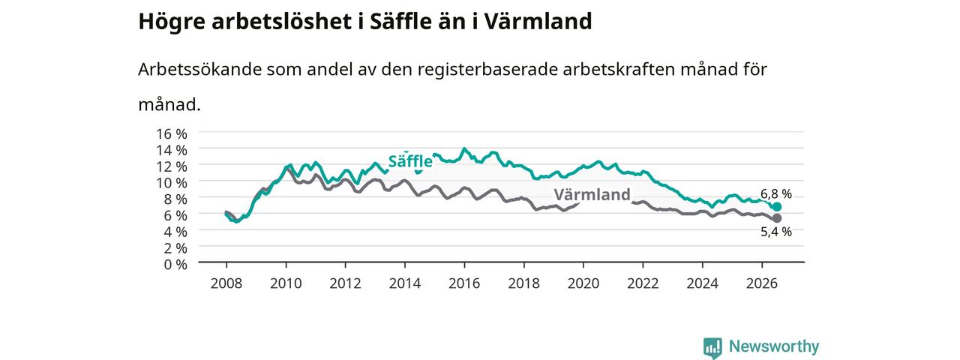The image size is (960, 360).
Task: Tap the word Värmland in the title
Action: (x=538, y=21)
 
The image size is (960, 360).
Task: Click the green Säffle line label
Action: (x=410, y=161)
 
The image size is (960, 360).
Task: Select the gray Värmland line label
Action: (x=592, y=194)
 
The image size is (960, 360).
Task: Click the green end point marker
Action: (x=776, y=207)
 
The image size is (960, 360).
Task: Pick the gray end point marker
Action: (x=776, y=218)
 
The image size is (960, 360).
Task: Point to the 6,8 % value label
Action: (x=776, y=193)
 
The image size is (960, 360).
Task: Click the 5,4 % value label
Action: (x=776, y=232)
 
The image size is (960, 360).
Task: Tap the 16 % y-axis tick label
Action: (x=172, y=133)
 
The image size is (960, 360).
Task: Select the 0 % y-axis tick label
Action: (x=175, y=265)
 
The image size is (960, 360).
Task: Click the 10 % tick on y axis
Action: (x=172, y=183)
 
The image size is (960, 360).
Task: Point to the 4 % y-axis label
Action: (x=175, y=232)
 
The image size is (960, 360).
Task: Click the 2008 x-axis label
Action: (x=226, y=283)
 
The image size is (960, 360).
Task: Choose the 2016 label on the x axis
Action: (x=464, y=283)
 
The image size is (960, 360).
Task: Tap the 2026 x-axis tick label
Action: (x=761, y=283)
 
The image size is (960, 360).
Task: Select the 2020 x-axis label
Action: (x=583, y=283)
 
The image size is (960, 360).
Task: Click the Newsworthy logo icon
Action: (x=712, y=347)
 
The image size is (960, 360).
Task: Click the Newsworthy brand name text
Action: (x=774, y=346)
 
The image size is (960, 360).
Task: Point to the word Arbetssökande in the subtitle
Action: (x=199, y=69)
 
